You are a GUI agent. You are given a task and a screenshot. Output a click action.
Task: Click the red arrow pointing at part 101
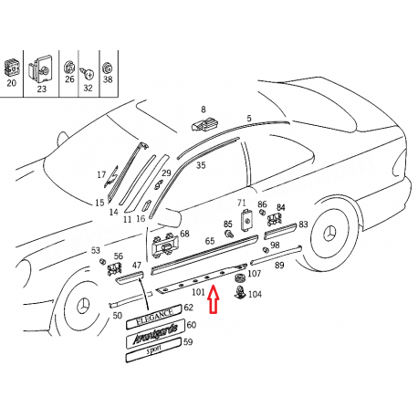pos(214,298)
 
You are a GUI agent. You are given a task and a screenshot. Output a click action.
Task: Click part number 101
pos(198,292)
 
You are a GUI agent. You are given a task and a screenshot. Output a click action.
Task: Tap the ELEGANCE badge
pos(154,317)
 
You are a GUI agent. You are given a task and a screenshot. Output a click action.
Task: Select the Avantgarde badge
pos(155,334)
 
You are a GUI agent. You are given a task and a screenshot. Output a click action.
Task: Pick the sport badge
pos(153,350)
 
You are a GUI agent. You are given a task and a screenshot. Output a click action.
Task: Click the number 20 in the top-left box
pos(11,83)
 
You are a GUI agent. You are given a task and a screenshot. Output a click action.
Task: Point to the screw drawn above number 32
pos(88,74)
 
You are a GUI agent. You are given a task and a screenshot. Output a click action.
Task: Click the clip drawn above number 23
pos(40,69)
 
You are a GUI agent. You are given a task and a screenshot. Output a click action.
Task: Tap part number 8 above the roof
pos(204,110)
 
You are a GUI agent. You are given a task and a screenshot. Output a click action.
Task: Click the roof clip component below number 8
pos(205,124)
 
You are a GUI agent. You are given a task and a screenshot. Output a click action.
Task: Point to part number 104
pos(255,294)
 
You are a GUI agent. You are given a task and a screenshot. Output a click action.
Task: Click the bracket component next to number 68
pos(164,246)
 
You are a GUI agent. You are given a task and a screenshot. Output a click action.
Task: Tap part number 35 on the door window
pos(201,165)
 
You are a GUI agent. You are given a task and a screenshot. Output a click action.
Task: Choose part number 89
pos(279,265)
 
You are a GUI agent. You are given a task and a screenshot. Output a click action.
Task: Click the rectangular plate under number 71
pos(247,220)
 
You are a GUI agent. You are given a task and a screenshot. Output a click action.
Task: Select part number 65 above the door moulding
pos(210,241)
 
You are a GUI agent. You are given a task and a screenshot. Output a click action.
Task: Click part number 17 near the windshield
pos(101,174)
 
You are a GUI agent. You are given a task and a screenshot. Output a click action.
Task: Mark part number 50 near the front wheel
pos(118,316)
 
